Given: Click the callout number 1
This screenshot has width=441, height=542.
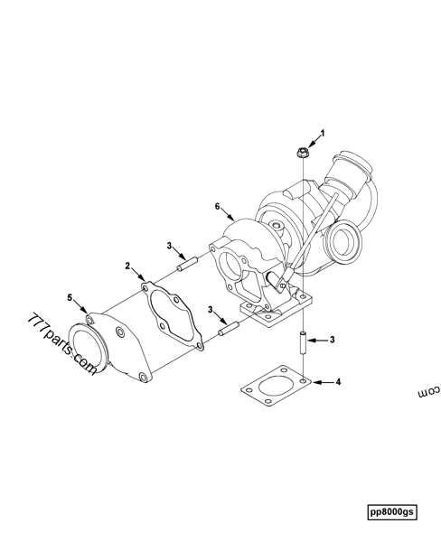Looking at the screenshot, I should click(323, 132).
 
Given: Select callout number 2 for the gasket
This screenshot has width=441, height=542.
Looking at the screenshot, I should click(128, 267).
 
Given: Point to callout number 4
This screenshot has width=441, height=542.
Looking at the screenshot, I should click(339, 382).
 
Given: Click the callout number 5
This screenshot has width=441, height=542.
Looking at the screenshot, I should click(69, 295).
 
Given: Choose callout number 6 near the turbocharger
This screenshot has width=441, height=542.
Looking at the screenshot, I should click(218, 207).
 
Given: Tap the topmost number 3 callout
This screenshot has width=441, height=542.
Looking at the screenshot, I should click(168, 245).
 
